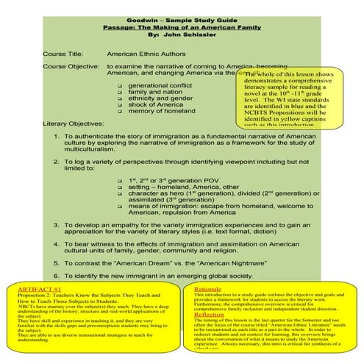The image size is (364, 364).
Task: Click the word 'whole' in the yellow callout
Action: (268, 76)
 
